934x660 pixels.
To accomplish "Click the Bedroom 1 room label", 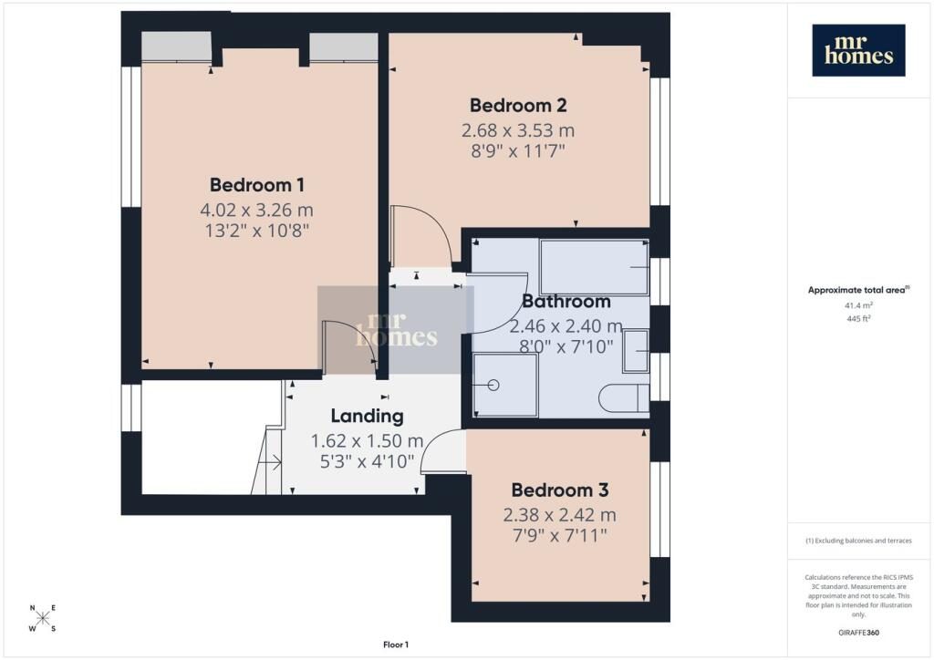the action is click(x=256, y=184).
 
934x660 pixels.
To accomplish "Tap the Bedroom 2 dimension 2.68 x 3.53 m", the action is click(x=518, y=130).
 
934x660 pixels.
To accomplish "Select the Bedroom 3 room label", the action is click(x=560, y=490).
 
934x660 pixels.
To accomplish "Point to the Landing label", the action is click(x=367, y=416).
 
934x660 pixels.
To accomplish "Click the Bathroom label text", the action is click(x=566, y=301).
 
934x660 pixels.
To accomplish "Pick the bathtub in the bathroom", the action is click(x=594, y=266).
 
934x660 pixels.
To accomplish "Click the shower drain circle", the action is click(x=493, y=385).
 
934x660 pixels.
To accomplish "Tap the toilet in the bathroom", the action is click(x=624, y=398).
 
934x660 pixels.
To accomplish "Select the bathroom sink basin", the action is click(x=636, y=351).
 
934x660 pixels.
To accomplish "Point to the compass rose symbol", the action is click(x=43, y=618).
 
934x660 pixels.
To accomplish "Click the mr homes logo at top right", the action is click(x=858, y=50).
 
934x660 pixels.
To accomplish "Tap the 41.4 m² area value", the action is click(x=858, y=305).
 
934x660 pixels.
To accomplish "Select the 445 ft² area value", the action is click(x=858, y=318).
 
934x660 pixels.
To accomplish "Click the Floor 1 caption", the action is click(x=396, y=645).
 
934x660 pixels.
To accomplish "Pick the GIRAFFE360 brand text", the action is click(x=858, y=633).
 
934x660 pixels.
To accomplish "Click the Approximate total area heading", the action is click(x=858, y=291).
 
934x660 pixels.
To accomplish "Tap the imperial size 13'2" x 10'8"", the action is click(x=256, y=231).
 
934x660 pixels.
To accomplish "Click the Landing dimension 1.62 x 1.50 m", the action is click(x=367, y=441).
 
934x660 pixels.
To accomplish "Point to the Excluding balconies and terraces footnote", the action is click(x=858, y=541).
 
